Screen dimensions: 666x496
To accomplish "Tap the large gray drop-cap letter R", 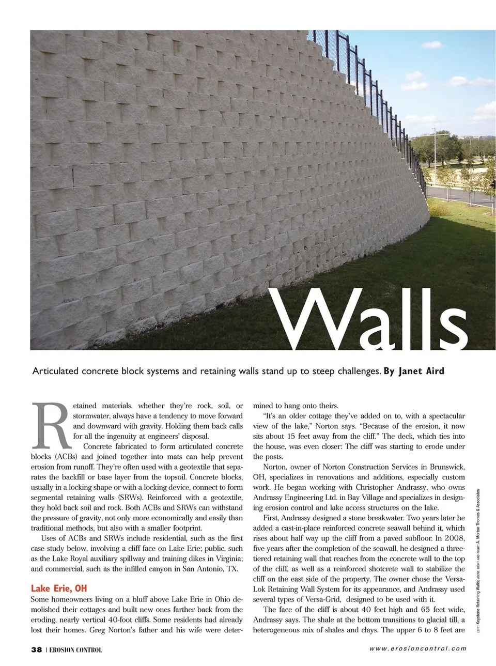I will pyautogui.click(x=50, y=425).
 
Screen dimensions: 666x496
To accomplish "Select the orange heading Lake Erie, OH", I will pyautogui.click(x=59, y=588).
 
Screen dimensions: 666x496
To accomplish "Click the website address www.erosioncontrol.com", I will pyautogui.click(x=417, y=649).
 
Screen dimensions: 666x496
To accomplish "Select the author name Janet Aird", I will pyautogui.click(x=421, y=371).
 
